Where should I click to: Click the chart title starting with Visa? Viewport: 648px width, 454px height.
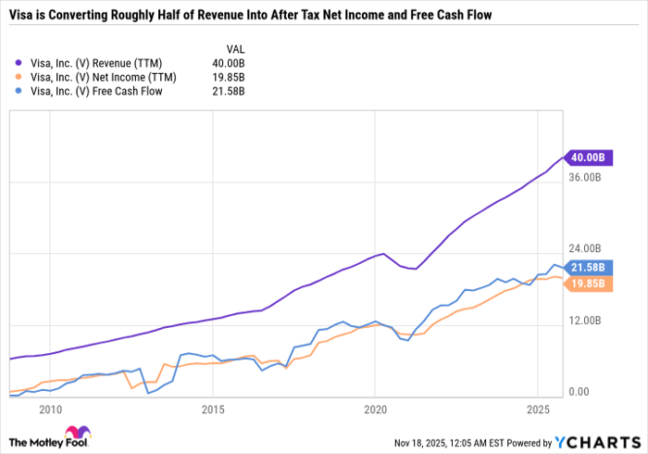click(x=249, y=16)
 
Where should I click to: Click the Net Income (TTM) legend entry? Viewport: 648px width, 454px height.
click(x=95, y=77)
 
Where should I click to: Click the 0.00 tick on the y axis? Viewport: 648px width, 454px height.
click(x=579, y=392)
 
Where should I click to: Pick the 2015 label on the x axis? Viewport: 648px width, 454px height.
click(x=213, y=409)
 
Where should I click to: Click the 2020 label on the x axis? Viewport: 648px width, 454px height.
click(x=375, y=409)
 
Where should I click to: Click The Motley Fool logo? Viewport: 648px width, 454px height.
click(x=55, y=436)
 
